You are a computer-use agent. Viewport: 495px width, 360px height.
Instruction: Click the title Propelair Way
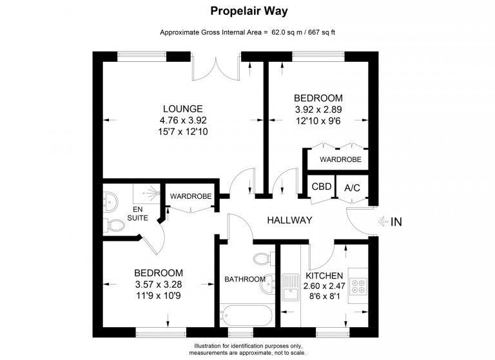(249, 11)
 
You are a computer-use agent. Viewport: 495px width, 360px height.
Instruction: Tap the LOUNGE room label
(183, 109)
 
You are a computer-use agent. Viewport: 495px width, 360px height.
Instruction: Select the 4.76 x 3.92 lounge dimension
(183, 120)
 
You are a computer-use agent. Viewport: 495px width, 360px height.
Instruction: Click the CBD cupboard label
(322, 186)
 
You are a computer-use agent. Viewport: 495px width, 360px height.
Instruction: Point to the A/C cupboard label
(352, 188)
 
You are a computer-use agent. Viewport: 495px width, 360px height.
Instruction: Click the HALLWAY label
(290, 220)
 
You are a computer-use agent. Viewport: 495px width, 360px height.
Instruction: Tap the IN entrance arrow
(383, 221)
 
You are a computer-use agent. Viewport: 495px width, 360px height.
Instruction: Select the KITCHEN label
(324, 275)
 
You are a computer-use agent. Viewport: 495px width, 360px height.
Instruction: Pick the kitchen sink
(291, 286)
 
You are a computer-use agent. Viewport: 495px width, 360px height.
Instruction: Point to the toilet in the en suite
(113, 225)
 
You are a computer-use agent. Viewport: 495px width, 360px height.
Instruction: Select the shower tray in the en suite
(146, 194)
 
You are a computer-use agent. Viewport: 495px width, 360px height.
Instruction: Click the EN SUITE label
(138, 214)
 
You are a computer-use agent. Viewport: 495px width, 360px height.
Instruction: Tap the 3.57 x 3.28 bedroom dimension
(159, 285)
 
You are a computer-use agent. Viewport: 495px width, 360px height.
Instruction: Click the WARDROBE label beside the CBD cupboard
(340, 159)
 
